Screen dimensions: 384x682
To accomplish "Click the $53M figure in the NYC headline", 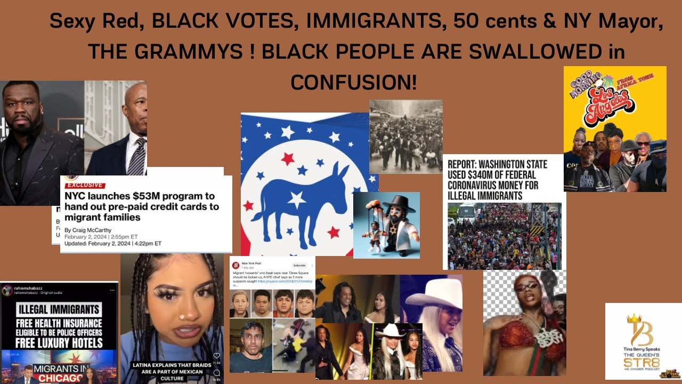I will coord(151,196).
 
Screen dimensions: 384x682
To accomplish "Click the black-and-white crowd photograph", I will coord(405,137).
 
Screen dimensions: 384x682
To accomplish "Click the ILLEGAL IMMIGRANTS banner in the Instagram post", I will coord(59,309).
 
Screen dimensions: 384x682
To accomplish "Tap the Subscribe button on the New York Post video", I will coord(299,265).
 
